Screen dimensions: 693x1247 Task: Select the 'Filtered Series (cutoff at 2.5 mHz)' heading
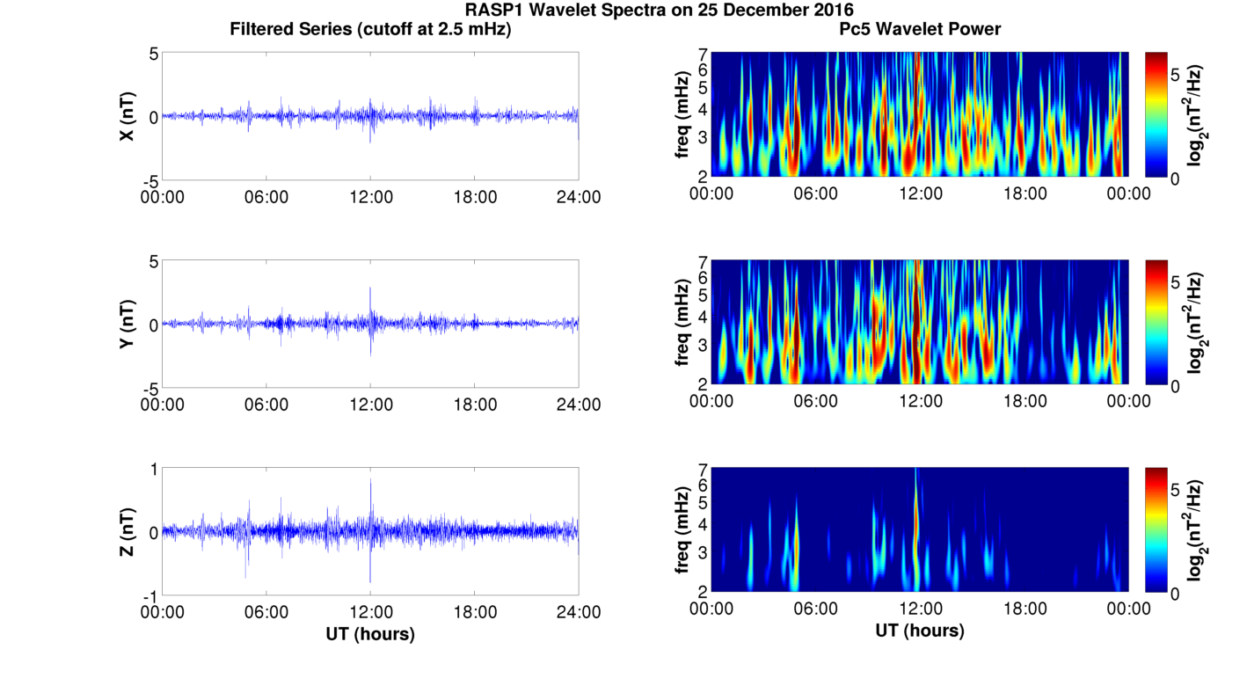pos(370,30)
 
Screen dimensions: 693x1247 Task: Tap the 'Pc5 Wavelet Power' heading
pos(919,30)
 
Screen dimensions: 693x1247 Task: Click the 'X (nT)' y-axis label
pos(128,116)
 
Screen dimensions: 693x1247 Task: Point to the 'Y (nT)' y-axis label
pos(128,324)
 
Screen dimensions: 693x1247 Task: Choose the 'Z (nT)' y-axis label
pos(128,531)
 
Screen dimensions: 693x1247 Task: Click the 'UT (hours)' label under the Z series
pos(370,633)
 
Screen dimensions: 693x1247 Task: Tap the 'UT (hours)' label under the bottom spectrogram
pos(919,631)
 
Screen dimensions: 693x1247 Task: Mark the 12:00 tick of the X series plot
pos(370,197)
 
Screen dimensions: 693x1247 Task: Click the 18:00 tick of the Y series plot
pos(475,405)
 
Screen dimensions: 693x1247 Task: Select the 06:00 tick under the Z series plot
pos(266,612)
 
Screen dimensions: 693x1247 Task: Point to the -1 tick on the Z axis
pos(150,595)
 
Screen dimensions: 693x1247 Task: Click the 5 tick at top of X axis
pos(153,54)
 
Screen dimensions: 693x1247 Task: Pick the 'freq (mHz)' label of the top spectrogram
pos(682,115)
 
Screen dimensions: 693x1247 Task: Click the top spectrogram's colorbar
pos(1156,115)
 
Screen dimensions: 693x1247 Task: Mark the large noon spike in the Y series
pos(370,290)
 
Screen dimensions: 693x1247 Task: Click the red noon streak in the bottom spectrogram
pos(916,519)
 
